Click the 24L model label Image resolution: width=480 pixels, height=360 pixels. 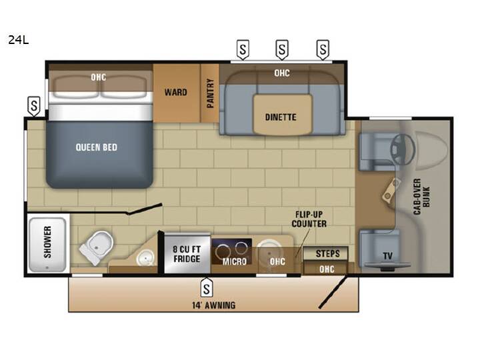(19, 40)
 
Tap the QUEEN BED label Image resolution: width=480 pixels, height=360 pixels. (97, 147)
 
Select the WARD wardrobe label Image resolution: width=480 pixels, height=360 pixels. (176, 92)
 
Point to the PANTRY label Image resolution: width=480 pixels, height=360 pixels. (210, 93)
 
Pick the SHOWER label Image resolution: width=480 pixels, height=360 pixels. (47, 242)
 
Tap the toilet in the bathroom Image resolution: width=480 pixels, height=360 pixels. (96, 247)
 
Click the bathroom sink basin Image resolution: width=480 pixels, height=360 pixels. (145, 257)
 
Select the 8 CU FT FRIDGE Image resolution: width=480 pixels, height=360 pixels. (187, 254)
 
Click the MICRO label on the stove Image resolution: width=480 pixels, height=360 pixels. (235, 261)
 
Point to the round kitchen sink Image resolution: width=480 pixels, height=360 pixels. (269, 249)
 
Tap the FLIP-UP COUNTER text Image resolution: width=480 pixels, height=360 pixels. (309, 219)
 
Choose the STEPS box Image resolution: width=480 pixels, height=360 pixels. (325, 253)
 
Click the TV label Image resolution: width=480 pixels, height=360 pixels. (387, 255)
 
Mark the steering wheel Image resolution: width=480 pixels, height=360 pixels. (402, 149)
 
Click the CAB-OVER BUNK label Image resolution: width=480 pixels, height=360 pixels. (422, 196)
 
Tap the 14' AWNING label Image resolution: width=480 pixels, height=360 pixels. (214, 305)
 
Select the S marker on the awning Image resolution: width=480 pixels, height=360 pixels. (207, 287)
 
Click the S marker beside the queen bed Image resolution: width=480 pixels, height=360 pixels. (34, 106)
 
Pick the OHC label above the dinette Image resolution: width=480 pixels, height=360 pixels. (282, 73)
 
